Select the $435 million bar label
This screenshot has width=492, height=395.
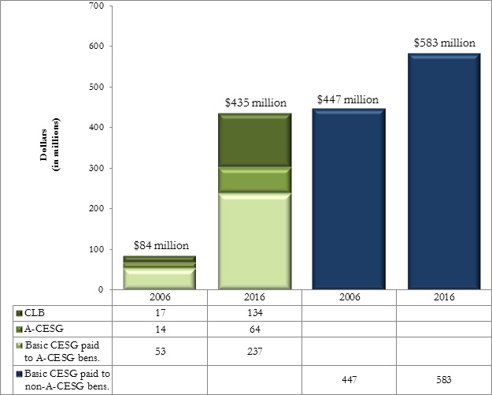[255, 103]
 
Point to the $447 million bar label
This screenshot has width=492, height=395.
[348, 100]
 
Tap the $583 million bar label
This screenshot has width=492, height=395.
[444, 42]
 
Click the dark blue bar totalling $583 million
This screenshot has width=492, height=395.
[443, 173]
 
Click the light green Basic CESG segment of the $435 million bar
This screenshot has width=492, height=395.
[254, 240]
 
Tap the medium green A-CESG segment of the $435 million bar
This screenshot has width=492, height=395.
[254, 179]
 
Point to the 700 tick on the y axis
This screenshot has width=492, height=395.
[97, 6]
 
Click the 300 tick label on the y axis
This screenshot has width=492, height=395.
[97, 169]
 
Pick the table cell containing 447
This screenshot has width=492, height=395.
[349, 378]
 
